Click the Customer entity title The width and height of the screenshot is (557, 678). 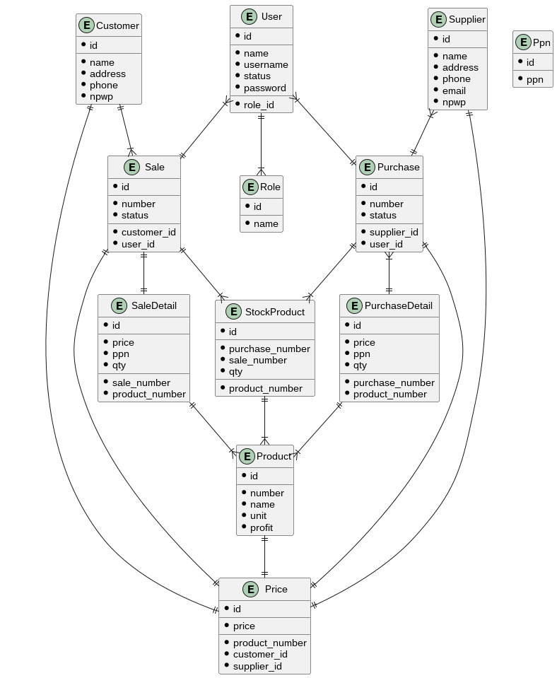pos(117,25)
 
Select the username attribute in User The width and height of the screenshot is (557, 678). pos(266,65)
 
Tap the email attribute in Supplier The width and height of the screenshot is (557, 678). pos(454,90)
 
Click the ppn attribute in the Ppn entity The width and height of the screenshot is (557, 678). pos(535,79)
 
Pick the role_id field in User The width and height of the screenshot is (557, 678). pos(259,105)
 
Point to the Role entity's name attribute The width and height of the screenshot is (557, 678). pos(266,224)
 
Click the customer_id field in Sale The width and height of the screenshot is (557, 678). pos(148,232)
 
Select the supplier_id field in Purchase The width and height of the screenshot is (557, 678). pos(394,232)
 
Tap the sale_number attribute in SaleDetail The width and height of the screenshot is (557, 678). pos(141,382)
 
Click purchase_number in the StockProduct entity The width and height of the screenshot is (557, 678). pos(269,349)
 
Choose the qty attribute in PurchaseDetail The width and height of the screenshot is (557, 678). pos(360,366)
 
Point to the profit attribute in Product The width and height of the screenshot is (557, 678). pos(262,527)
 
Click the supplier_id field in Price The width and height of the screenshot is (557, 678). pos(257,666)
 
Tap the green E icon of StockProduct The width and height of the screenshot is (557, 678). pos(233,312)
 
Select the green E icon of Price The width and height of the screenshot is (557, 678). pos(250,589)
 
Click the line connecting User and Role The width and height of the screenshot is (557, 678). pos(261,144)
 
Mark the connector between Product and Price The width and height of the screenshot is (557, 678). pos(265,556)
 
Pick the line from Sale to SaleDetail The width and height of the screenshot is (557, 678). pos(143,273)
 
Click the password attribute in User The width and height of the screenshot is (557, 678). pos(265,88)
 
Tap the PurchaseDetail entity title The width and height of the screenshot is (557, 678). pos(398,306)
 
